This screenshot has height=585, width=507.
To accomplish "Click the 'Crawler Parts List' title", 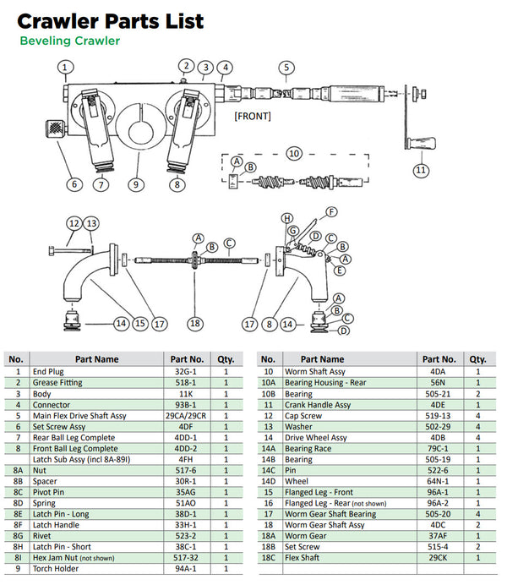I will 111,21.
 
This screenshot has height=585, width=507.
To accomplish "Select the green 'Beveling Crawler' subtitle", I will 69,41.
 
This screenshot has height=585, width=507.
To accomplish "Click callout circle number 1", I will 67,67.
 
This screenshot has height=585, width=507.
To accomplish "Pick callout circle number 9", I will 134,183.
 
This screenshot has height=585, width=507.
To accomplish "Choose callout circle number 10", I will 294,154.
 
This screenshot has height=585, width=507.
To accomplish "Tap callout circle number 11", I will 420,170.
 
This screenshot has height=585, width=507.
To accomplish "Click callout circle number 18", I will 196,323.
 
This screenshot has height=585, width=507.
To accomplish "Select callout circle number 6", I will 74,183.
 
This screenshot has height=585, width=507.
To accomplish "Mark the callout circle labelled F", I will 331,211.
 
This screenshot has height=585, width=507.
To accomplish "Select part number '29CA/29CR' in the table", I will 188,415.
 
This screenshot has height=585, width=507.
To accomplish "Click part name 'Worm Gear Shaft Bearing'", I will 330,513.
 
